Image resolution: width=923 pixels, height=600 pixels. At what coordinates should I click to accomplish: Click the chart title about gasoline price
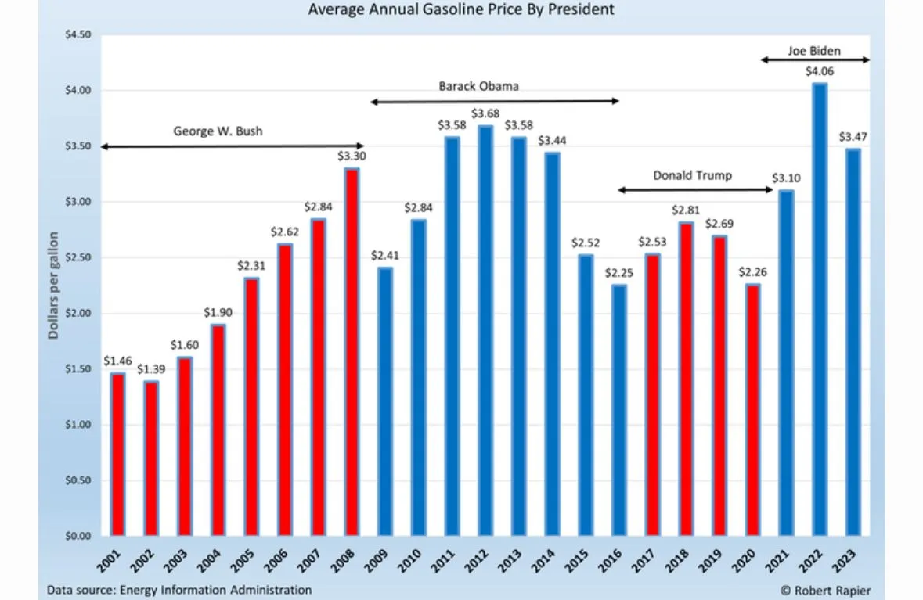461,10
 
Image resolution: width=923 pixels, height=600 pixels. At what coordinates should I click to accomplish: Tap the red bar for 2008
352,352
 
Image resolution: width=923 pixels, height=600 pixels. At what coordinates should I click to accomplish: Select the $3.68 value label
485,114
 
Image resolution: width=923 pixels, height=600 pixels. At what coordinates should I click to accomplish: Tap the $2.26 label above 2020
753,273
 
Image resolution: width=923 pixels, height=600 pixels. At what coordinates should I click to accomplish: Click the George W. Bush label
218,131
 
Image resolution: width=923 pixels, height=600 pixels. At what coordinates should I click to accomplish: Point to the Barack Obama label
478,86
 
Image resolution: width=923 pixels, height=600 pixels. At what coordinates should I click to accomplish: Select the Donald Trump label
693,175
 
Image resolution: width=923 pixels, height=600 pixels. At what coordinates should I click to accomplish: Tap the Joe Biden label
813,52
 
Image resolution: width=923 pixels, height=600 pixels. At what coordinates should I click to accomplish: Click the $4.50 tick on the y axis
76,35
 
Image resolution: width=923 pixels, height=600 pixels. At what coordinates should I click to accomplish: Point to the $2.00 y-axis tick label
76,314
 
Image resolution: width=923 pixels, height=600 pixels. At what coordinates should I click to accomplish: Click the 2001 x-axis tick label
114,561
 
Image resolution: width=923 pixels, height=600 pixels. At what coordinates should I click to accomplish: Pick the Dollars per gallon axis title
54,285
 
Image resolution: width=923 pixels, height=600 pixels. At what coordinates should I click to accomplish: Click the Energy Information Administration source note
179,590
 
